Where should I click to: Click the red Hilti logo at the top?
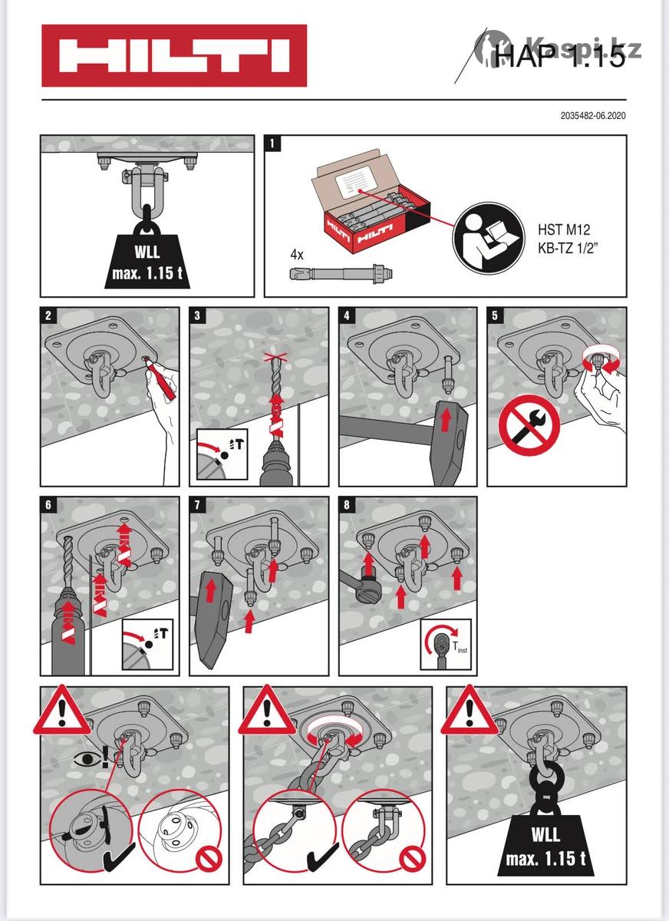pos(174,55)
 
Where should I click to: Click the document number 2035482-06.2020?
pos(593,117)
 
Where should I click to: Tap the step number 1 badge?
pos(273,143)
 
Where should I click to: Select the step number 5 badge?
pos(496,315)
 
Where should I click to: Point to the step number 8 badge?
pos(348,504)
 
